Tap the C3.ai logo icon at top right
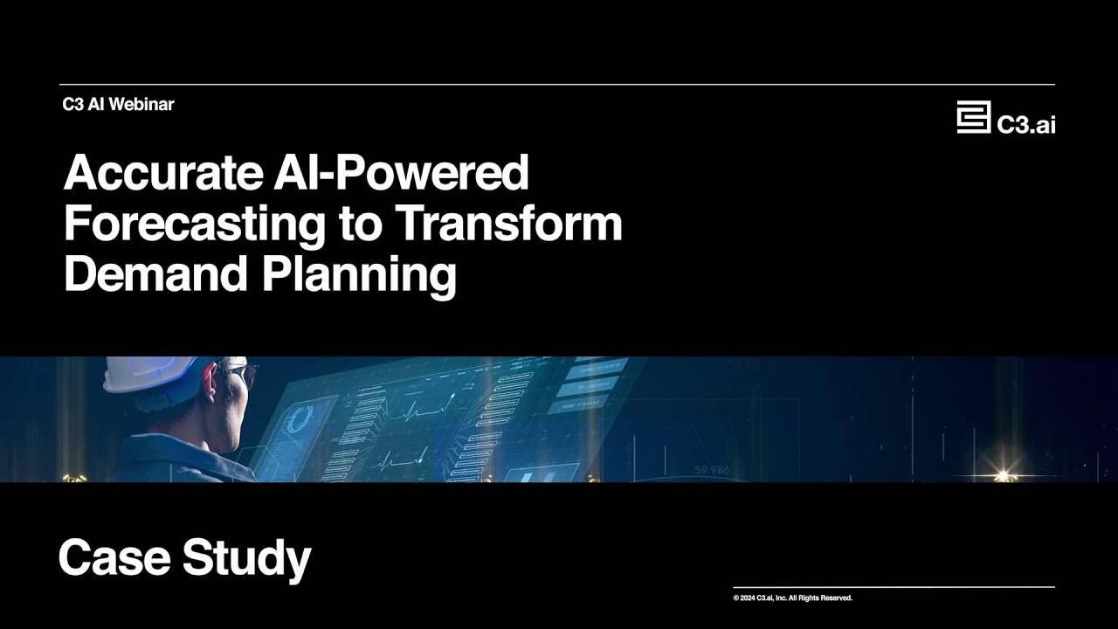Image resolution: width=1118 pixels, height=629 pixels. pos(973,117)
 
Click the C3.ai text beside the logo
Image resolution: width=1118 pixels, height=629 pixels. pos(1026,125)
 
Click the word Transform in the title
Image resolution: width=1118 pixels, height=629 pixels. pos(508,224)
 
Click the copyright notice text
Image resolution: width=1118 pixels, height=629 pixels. pos(792,598)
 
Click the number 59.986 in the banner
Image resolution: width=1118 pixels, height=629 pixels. pos(712,470)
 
